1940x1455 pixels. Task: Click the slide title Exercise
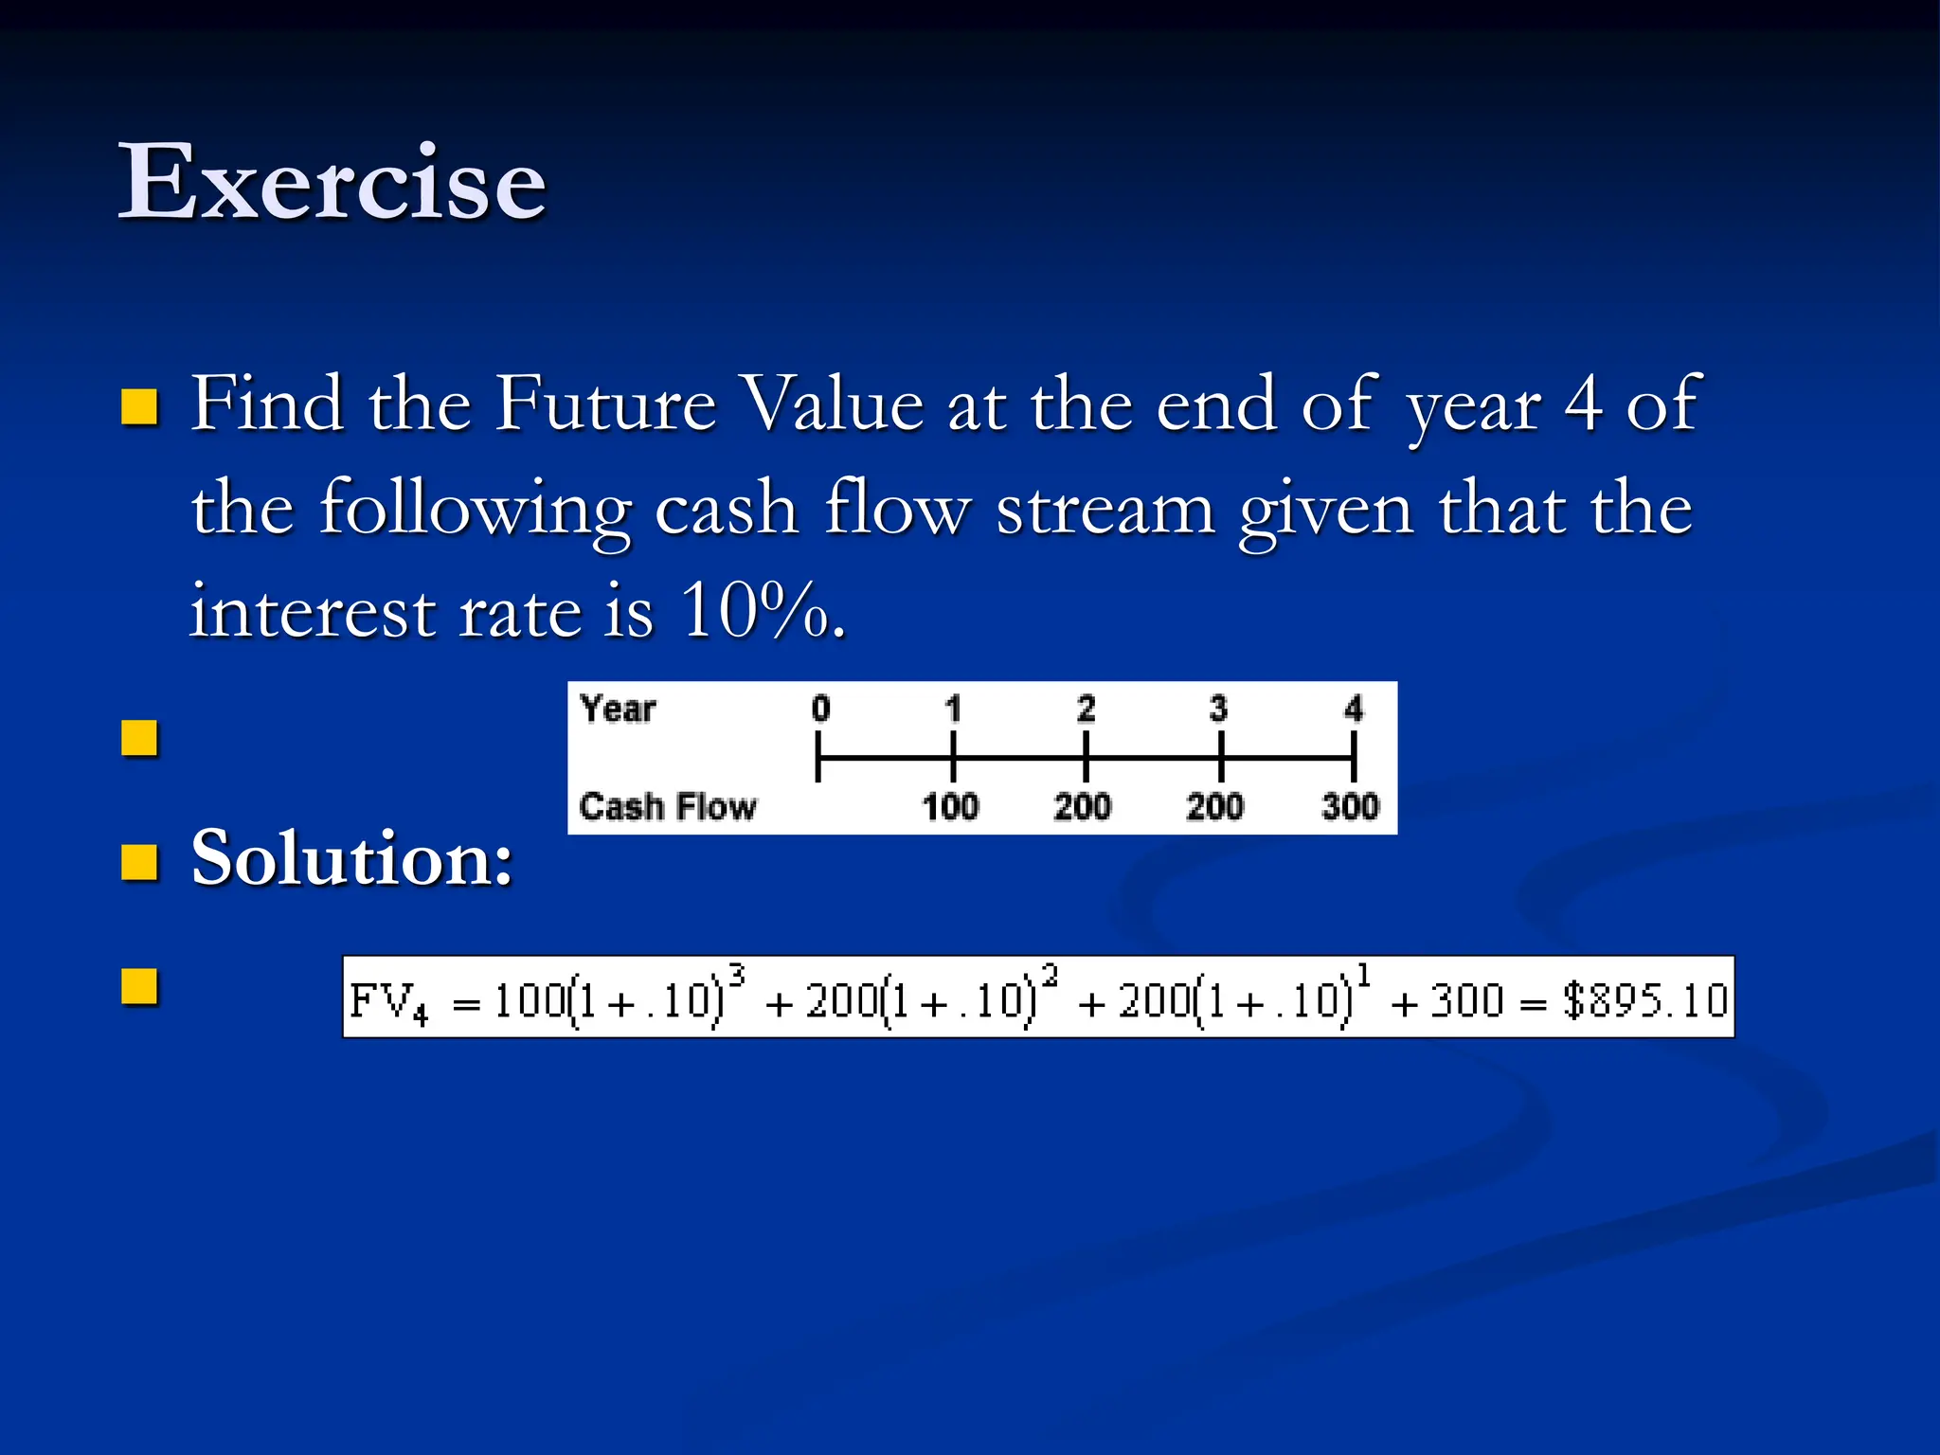click(x=332, y=182)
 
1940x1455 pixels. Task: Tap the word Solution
click(x=351, y=858)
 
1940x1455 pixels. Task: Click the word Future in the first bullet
click(x=606, y=404)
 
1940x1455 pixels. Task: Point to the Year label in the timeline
click(x=618, y=709)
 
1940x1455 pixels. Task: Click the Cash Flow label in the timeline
click(x=668, y=806)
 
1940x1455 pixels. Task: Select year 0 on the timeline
click(x=820, y=709)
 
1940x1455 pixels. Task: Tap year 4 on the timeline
click(x=1354, y=709)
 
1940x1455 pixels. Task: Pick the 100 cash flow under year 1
click(x=950, y=806)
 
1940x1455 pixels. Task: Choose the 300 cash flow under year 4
click(x=1350, y=806)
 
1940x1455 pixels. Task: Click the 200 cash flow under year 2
click(x=1083, y=806)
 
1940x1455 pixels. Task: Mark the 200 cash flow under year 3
click(x=1214, y=806)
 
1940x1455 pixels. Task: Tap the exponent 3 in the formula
click(x=738, y=975)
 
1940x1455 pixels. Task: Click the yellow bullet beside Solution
click(x=140, y=862)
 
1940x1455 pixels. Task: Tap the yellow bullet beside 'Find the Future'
click(x=140, y=407)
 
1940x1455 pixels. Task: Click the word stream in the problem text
click(x=1105, y=509)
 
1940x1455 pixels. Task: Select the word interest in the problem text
click(x=313, y=612)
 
